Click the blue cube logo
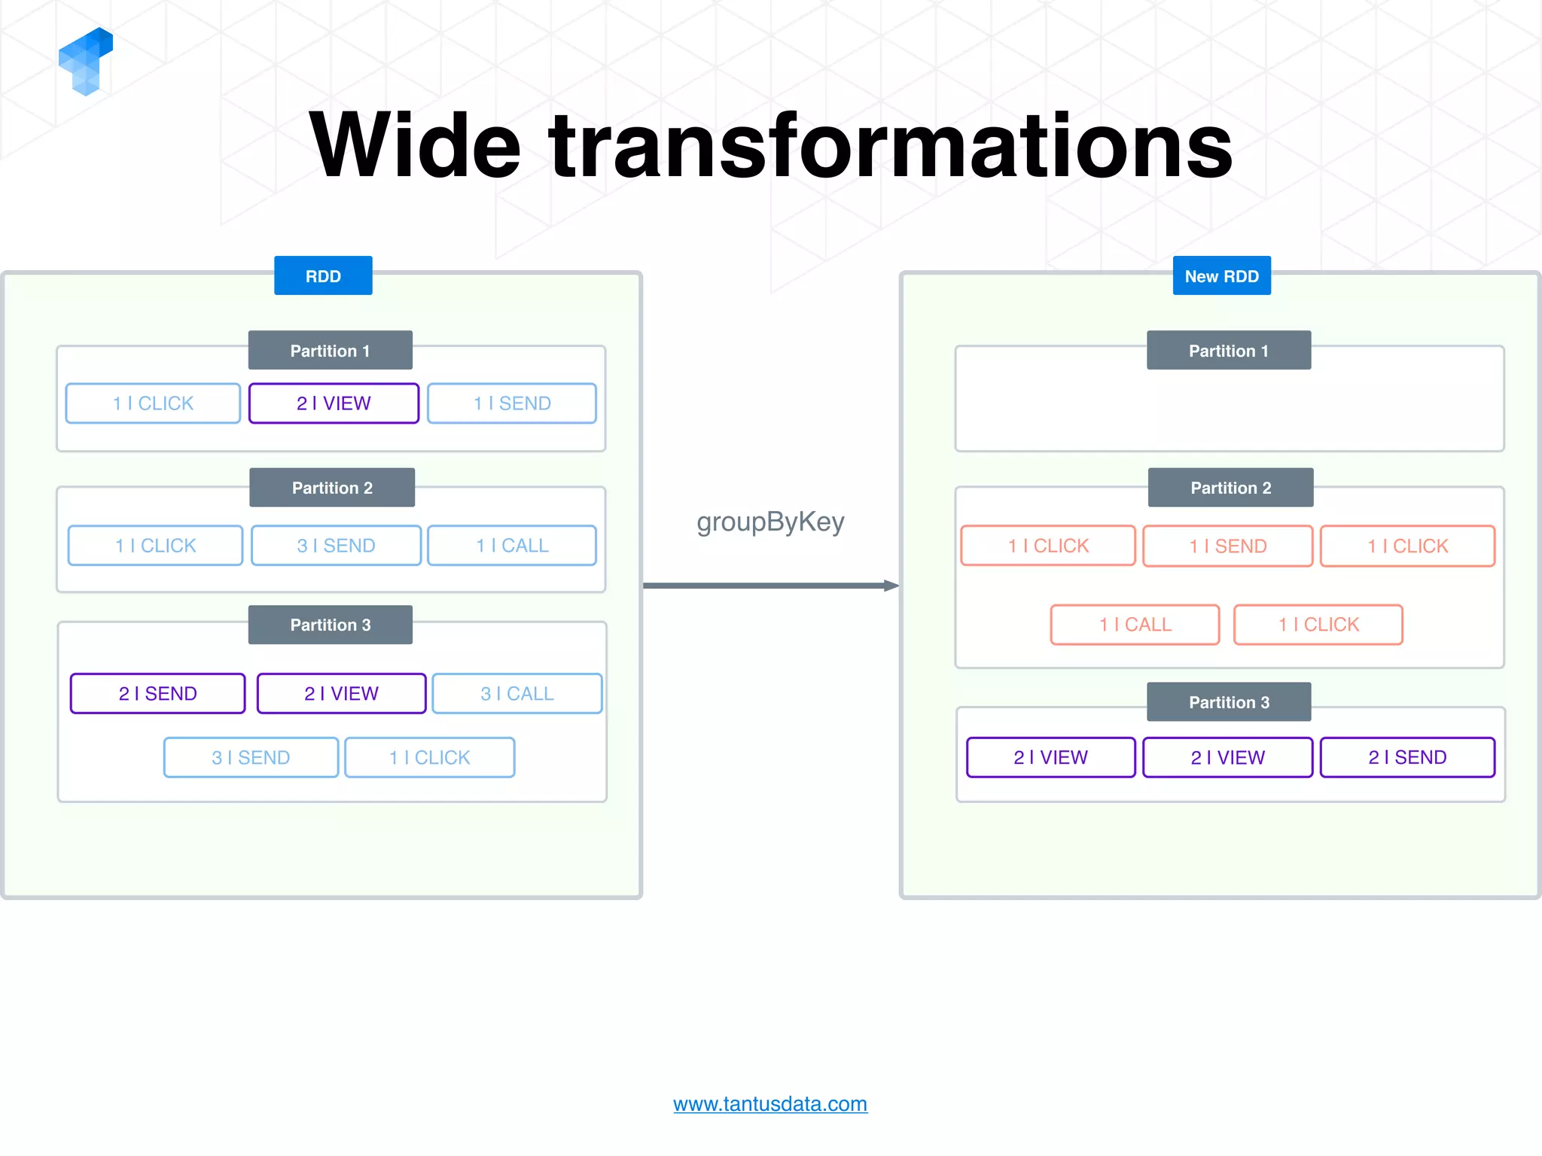coord(85,62)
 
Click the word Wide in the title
coord(415,146)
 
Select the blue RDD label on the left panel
coord(323,276)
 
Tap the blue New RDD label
coord(1221,276)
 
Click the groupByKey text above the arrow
coord(770,522)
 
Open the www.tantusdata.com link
coord(770,1104)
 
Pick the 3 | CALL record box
coord(517,693)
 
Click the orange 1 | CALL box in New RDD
coord(1135,625)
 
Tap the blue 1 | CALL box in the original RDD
coord(512,546)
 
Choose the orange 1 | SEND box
coord(1227,546)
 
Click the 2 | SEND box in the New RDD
coord(1407,757)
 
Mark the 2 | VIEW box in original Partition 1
coord(334,403)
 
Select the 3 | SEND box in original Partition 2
coord(336,546)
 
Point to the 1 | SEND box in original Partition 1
coord(512,403)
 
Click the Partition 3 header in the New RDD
coord(1229,702)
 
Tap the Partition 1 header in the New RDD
coord(1229,351)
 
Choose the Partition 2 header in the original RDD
coord(332,488)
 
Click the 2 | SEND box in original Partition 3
coord(158,693)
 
